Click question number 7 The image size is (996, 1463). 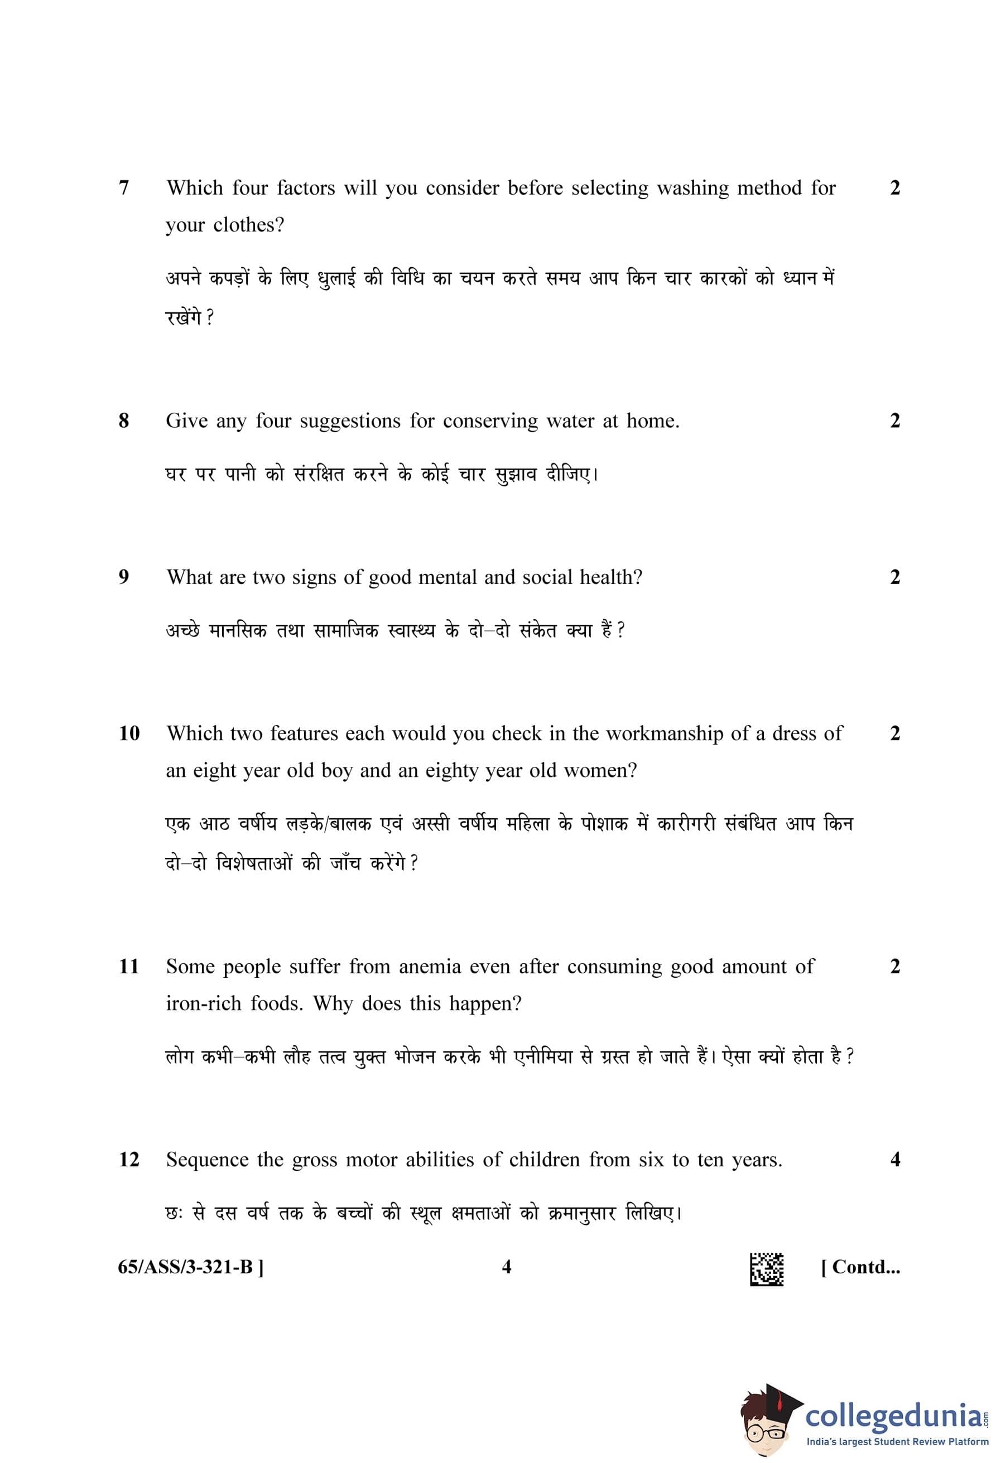[124, 187]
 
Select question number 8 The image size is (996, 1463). [124, 421]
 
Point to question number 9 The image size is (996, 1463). [124, 577]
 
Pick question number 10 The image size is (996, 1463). [129, 733]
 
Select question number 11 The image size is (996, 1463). [129, 965]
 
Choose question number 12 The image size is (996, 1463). [129, 1159]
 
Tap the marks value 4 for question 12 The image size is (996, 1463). [895, 1159]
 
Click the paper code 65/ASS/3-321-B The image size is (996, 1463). [191, 1266]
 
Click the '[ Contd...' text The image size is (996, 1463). [860, 1266]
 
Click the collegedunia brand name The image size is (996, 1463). [894, 1416]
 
